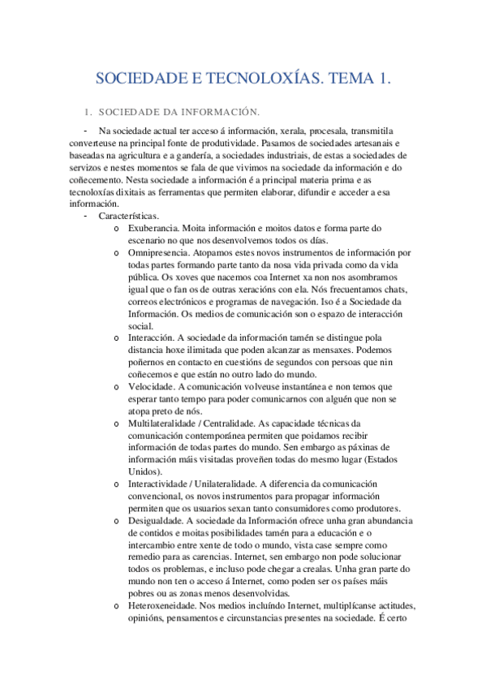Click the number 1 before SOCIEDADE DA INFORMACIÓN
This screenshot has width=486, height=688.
click(87, 111)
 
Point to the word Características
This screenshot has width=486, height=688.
click(129, 217)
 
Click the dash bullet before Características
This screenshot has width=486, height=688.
click(85, 217)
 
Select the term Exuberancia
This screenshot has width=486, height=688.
click(153, 229)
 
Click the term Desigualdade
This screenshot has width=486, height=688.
click(155, 521)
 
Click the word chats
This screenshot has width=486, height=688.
click(389, 290)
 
